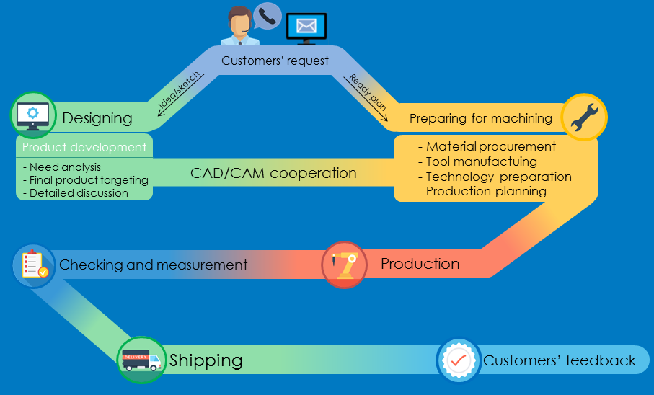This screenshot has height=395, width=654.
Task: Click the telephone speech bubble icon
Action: [x=267, y=16]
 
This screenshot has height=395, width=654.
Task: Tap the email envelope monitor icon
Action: [x=306, y=27]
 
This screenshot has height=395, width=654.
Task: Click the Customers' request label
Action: [x=275, y=61]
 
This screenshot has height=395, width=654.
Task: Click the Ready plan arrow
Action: [x=368, y=95]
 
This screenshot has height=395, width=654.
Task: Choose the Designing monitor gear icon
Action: [x=32, y=115]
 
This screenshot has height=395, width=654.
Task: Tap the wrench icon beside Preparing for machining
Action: [x=584, y=117]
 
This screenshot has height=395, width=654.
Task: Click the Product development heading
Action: [x=84, y=147]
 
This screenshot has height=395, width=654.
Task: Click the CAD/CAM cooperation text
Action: [x=273, y=173]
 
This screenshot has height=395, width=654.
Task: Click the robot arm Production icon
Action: [x=344, y=265]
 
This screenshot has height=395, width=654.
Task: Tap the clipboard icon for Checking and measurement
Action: [x=34, y=265]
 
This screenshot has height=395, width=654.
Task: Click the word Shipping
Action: [x=206, y=360]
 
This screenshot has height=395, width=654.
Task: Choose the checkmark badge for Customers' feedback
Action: [x=459, y=360]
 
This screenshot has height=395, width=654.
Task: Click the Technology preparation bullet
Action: [x=495, y=177]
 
